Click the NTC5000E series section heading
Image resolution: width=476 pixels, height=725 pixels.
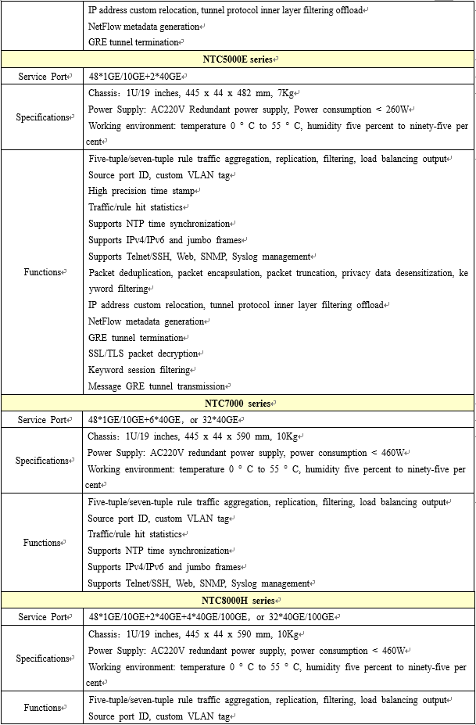pos(238,59)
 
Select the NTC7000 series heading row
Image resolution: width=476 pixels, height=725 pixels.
pos(238,404)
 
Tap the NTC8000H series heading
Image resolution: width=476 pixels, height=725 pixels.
pos(238,601)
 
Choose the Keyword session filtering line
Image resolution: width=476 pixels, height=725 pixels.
pos(139,370)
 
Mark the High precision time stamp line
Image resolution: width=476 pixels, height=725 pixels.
pos(141,191)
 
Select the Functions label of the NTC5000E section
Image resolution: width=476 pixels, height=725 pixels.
pos(42,272)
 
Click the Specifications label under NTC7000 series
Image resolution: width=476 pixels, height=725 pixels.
pos(42,461)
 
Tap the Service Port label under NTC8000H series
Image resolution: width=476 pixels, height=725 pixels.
pos(42,617)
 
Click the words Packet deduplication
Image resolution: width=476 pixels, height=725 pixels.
pos(130,273)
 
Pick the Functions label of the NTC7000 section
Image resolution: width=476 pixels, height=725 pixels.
pos(42,543)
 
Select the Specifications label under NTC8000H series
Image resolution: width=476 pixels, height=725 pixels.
pos(42,659)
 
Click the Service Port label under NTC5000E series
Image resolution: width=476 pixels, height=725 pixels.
pos(42,77)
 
